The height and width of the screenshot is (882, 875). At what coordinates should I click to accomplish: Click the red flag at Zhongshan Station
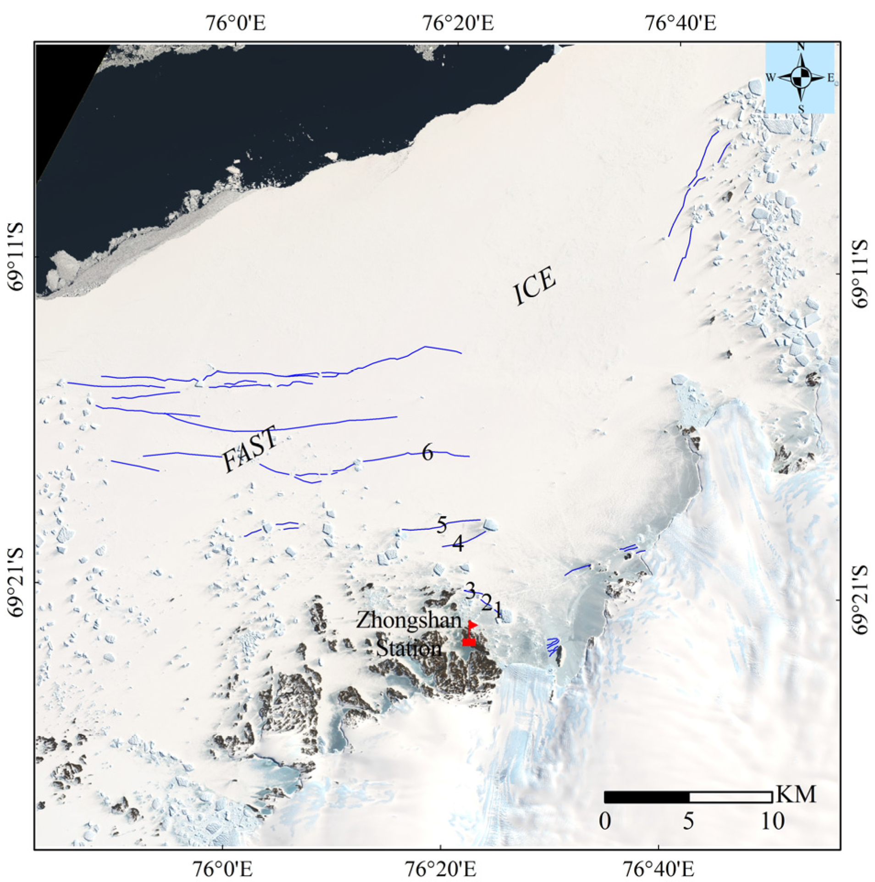point(471,625)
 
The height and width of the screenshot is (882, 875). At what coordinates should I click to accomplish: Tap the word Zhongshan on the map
point(409,621)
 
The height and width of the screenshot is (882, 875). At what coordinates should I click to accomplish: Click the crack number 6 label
point(427,453)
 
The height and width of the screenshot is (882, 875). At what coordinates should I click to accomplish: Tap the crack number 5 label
point(441,524)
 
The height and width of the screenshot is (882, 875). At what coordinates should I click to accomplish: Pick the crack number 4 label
point(458,544)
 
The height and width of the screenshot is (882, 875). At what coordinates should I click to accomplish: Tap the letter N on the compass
point(801,47)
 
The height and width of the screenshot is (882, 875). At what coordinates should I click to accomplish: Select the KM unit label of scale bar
point(796,794)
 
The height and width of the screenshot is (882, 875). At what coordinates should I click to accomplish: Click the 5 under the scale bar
point(688,821)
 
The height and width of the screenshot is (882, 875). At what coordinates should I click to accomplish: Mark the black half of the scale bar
point(647,797)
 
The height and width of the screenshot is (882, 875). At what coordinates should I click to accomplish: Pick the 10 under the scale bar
point(773,821)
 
